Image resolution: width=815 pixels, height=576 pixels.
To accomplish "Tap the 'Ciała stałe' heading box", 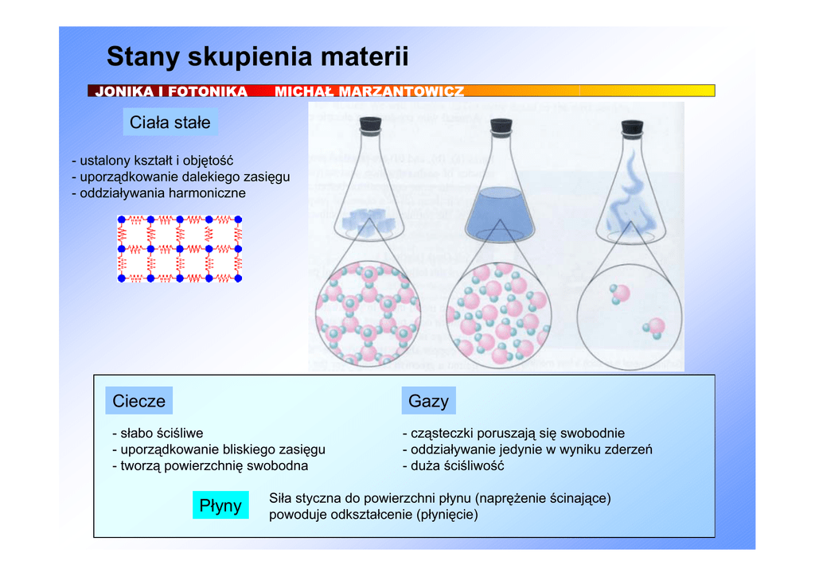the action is (170, 122).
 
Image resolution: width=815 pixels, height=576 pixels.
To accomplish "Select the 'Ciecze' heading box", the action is (138, 400).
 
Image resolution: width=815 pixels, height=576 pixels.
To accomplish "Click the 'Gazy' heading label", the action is (428, 400).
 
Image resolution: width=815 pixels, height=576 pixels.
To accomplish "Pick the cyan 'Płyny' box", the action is (220, 505).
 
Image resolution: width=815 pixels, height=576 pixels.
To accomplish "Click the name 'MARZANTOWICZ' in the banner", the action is (401, 91).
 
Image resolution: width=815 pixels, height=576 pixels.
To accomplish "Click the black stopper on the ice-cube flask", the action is (371, 123).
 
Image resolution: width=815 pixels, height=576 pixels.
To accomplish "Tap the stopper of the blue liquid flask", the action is (501, 125).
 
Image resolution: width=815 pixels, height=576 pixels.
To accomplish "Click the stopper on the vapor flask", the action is (632, 126).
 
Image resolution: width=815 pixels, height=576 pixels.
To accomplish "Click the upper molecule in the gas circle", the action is (619, 294).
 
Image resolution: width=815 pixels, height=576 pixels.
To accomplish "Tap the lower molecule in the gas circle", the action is (654, 328).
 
